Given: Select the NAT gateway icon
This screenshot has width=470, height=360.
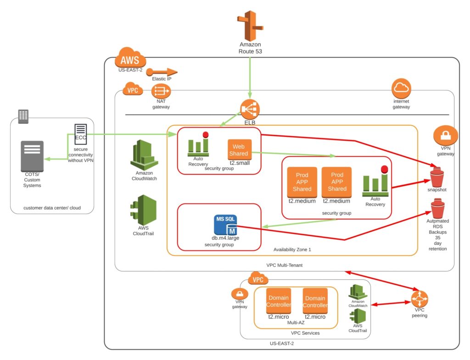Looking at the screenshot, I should (x=161, y=91).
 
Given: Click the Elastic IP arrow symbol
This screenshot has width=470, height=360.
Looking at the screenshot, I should (x=164, y=72).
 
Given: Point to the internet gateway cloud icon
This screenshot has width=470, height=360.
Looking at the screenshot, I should (x=401, y=89).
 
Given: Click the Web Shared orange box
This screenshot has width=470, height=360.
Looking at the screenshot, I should (x=239, y=150).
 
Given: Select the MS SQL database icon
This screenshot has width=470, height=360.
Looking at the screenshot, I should (x=226, y=224).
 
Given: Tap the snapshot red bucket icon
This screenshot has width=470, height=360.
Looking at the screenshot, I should (x=436, y=177).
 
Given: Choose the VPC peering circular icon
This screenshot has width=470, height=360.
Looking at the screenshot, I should (x=420, y=300).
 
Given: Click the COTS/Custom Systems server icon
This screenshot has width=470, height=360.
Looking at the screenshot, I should (x=32, y=156).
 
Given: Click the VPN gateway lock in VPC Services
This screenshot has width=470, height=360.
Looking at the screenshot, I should (x=240, y=294).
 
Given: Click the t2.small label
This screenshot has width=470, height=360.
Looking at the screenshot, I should (x=239, y=162).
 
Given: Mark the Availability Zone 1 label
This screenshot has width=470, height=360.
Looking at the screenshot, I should (x=292, y=249).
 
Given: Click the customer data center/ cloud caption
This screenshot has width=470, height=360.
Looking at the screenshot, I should (x=52, y=208).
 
